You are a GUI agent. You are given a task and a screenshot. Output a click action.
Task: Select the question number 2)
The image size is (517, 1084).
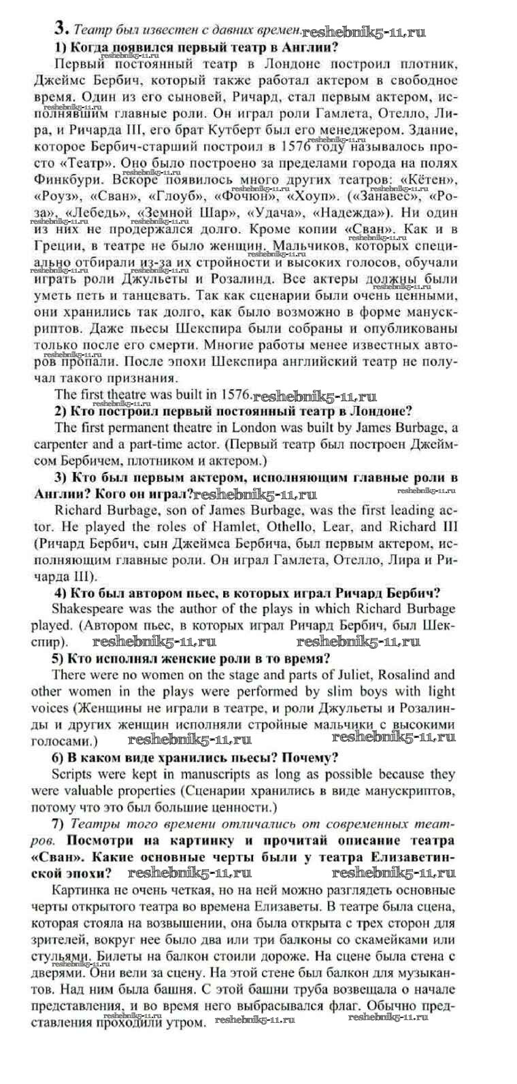pos(60,411)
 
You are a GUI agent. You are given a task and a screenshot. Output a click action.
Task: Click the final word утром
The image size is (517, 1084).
pos(184,1023)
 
